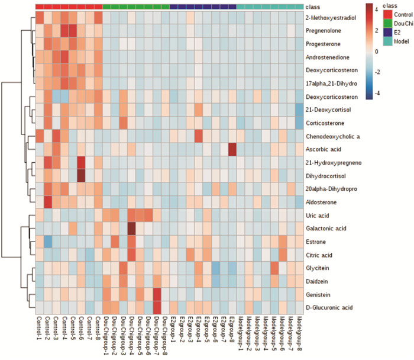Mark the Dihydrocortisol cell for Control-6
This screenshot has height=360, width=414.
point(81,175)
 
